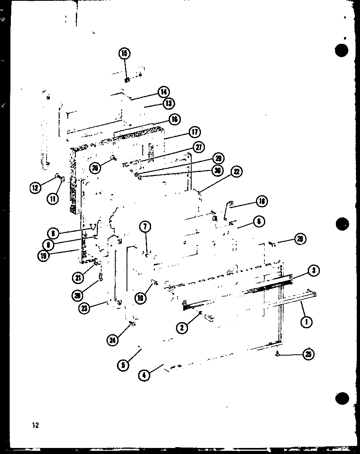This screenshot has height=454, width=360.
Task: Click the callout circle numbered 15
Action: click(125, 53)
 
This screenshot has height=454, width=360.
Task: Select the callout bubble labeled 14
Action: click(164, 92)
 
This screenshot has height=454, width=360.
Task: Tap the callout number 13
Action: click(168, 104)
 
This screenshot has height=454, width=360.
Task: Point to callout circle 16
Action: click(174, 119)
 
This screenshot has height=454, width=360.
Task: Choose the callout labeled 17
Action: click(195, 132)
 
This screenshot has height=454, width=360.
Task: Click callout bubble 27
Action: click(198, 147)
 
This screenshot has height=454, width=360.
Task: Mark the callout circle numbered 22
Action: click(237, 172)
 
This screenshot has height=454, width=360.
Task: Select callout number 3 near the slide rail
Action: click(313, 271)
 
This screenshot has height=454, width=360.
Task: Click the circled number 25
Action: click(308, 354)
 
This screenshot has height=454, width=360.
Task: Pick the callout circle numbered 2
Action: click(182, 327)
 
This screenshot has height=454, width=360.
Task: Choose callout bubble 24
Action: click(113, 340)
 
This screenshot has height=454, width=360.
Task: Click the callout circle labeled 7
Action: click(145, 227)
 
